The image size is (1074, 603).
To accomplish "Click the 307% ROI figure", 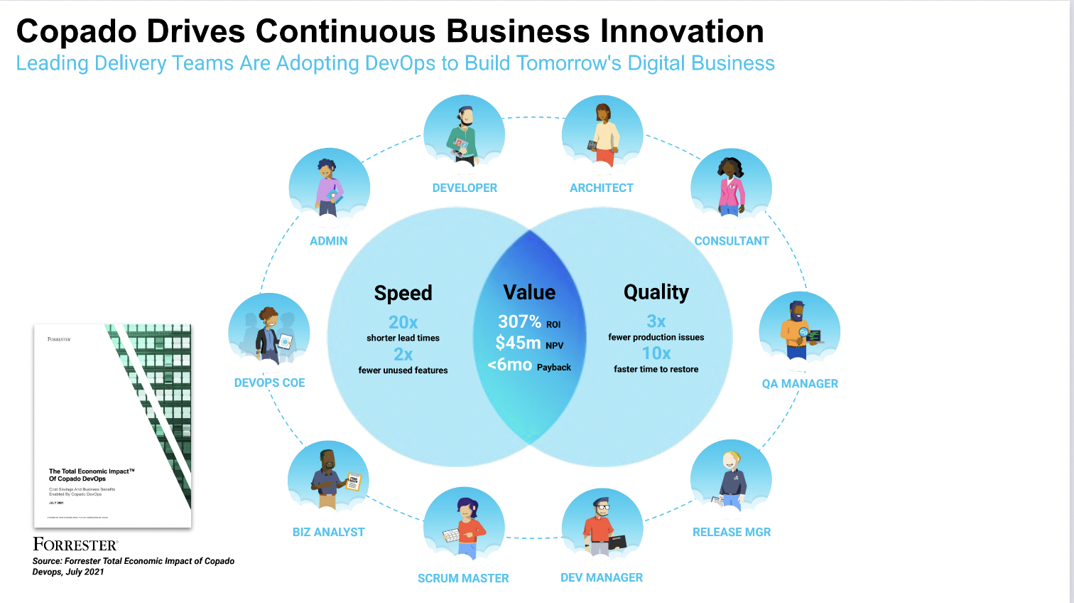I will (x=520, y=321).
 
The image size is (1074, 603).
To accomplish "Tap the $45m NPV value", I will (x=519, y=343).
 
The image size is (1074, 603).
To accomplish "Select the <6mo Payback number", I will (x=510, y=365).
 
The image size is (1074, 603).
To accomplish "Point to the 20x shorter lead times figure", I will (x=403, y=322).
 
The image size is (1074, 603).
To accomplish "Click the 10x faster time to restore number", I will (x=656, y=353).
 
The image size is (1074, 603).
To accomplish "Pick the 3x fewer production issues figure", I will (x=656, y=321).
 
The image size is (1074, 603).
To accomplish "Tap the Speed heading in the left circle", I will (x=403, y=293).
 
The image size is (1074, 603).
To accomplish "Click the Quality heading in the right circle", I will (x=656, y=292).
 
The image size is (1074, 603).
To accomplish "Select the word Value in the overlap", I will (x=529, y=292).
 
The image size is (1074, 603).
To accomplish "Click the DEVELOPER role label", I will (x=465, y=188).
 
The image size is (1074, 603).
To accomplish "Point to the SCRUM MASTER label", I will (x=463, y=578).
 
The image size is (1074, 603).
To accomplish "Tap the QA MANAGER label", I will (x=800, y=383).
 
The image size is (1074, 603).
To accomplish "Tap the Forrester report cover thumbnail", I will (x=113, y=426).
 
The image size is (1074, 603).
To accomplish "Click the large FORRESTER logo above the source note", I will (x=75, y=545).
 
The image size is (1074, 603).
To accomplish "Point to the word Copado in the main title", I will (x=76, y=31).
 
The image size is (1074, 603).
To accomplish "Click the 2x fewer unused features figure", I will (x=403, y=354).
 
